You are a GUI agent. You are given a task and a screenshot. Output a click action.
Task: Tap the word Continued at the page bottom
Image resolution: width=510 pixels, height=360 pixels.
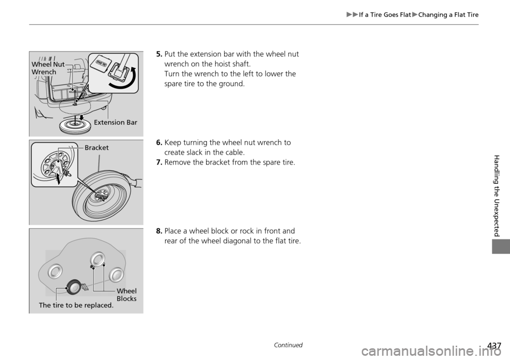click(x=289, y=345)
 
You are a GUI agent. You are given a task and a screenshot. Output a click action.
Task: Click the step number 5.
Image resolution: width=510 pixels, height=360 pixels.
click(x=159, y=54)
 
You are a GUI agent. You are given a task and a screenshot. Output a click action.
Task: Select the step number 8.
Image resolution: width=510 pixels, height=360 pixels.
click(x=159, y=232)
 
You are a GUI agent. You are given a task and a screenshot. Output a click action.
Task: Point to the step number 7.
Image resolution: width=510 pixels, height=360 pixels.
click(x=159, y=162)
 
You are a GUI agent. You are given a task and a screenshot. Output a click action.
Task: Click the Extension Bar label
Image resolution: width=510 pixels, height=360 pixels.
click(x=115, y=123)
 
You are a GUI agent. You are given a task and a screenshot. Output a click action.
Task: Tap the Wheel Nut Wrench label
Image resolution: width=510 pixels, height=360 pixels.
click(x=47, y=68)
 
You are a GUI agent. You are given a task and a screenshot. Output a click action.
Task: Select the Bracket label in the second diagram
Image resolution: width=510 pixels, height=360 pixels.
click(x=96, y=148)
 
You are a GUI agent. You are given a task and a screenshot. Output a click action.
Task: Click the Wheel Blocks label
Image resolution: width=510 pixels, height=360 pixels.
click(x=126, y=295)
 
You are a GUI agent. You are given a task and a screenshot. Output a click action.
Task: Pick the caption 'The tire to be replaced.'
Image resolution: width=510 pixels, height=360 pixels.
click(x=76, y=305)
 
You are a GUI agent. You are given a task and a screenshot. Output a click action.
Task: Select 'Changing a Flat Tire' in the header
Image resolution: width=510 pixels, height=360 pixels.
click(x=448, y=15)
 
